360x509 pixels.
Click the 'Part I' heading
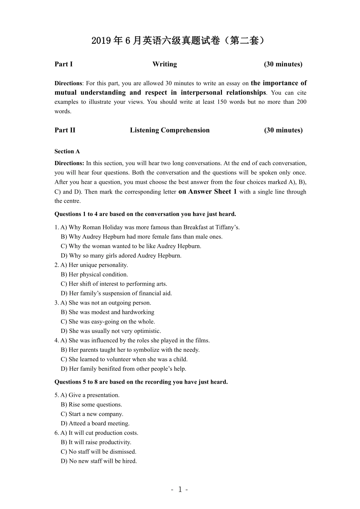coord(63,64)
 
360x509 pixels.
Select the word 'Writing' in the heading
coord(164,64)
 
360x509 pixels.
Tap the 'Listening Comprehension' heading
coord(169,130)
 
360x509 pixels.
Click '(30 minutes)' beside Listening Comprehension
coord(283,130)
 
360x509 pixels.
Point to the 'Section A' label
coord(67,151)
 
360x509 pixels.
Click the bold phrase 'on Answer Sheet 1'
coord(207,192)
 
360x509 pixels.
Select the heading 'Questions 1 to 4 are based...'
coord(145,214)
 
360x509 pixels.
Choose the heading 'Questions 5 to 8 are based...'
coord(141,382)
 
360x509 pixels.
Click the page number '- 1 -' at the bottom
coord(180,489)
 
